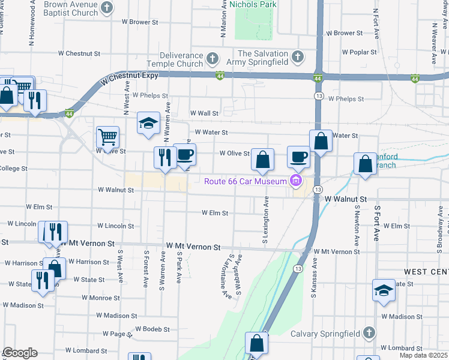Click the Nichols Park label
[253, 4]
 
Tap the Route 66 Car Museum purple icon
[295, 181]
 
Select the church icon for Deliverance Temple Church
[211, 58]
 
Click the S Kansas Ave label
[313, 279]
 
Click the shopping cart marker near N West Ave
[107, 137]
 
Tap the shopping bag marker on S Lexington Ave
[262, 160]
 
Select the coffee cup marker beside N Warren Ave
[185, 154]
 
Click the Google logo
[20, 353]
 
